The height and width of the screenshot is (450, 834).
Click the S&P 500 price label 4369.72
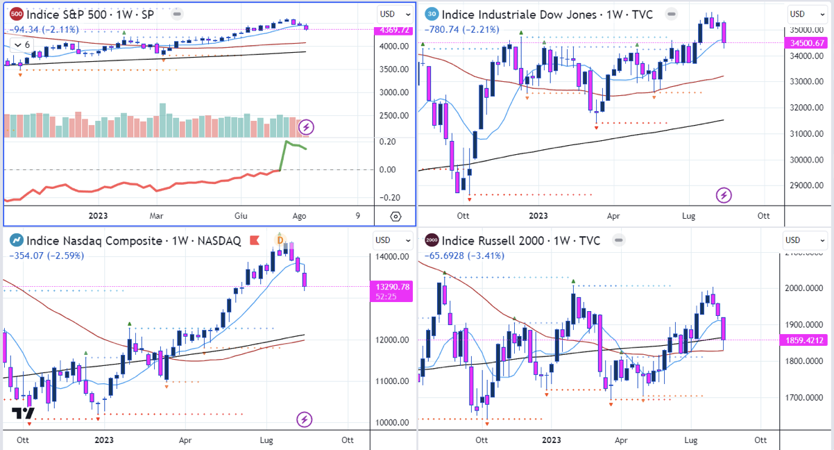click(393, 30)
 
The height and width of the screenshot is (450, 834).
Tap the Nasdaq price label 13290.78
click(393, 286)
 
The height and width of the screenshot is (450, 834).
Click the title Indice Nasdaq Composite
click(133, 241)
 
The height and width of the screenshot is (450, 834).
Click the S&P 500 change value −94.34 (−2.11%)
click(44, 29)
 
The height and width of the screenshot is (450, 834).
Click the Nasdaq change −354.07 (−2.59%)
click(46, 256)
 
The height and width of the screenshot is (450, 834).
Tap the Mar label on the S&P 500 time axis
click(157, 216)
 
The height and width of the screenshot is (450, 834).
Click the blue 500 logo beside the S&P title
click(16, 14)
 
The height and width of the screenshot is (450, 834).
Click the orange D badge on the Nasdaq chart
click(281, 240)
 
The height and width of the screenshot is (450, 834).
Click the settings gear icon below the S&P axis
click(395, 216)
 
